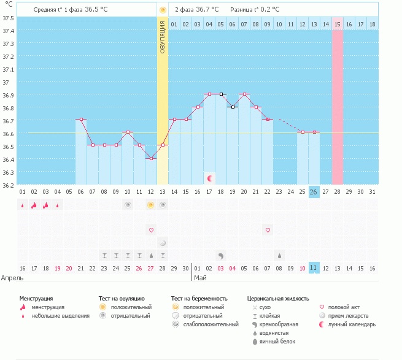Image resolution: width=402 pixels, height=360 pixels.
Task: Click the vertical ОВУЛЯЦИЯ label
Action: [x=162, y=37]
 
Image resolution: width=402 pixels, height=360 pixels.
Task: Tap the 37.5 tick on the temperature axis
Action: [x=8, y=18]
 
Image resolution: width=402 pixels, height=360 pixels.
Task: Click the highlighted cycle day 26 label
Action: [x=314, y=192]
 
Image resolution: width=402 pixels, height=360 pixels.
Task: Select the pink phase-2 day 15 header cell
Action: [x=337, y=24]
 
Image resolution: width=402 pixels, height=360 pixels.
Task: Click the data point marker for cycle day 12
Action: [x=150, y=158]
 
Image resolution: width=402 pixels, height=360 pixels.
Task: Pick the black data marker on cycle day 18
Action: [x=221, y=94]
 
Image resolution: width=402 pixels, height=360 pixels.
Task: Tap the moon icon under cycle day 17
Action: [x=210, y=178]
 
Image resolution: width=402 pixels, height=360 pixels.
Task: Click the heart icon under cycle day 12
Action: [x=151, y=230]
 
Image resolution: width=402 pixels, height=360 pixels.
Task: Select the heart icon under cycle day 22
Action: [x=268, y=230]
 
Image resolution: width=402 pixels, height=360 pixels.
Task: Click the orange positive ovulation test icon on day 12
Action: [x=151, y=205]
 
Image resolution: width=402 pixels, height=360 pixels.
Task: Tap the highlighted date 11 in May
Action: [x=314, y=268]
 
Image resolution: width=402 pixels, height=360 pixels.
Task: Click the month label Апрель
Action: [x=13, y=277]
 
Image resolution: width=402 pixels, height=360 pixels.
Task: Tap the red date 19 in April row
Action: [x=57, y=268]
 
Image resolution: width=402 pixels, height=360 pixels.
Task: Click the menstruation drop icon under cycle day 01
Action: [x=23, y=205]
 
